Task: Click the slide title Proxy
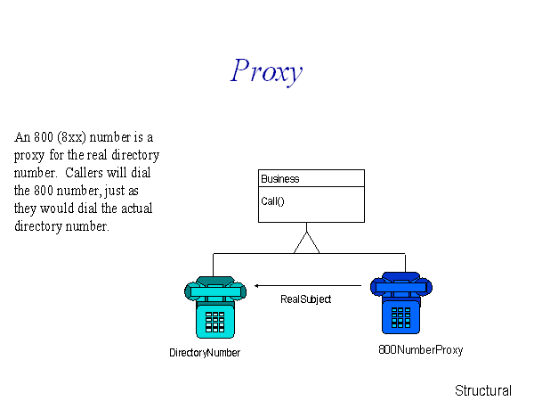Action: [266, 71]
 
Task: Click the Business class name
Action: [280, 179]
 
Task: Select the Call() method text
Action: [272, 201]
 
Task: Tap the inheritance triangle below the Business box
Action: [306, 242]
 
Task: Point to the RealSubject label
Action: [305, 299]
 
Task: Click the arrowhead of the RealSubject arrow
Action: [257, 286]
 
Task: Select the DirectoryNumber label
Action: [205, 352]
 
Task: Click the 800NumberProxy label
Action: [421, 350]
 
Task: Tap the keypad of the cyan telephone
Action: [214, 322]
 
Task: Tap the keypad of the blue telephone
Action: [400, 317]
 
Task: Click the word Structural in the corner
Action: [483, 391]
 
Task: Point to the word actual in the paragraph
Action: [136, 208]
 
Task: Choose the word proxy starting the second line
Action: [29, 156]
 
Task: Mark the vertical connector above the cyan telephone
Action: [214, 265]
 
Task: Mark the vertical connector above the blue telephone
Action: [405, 263]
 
